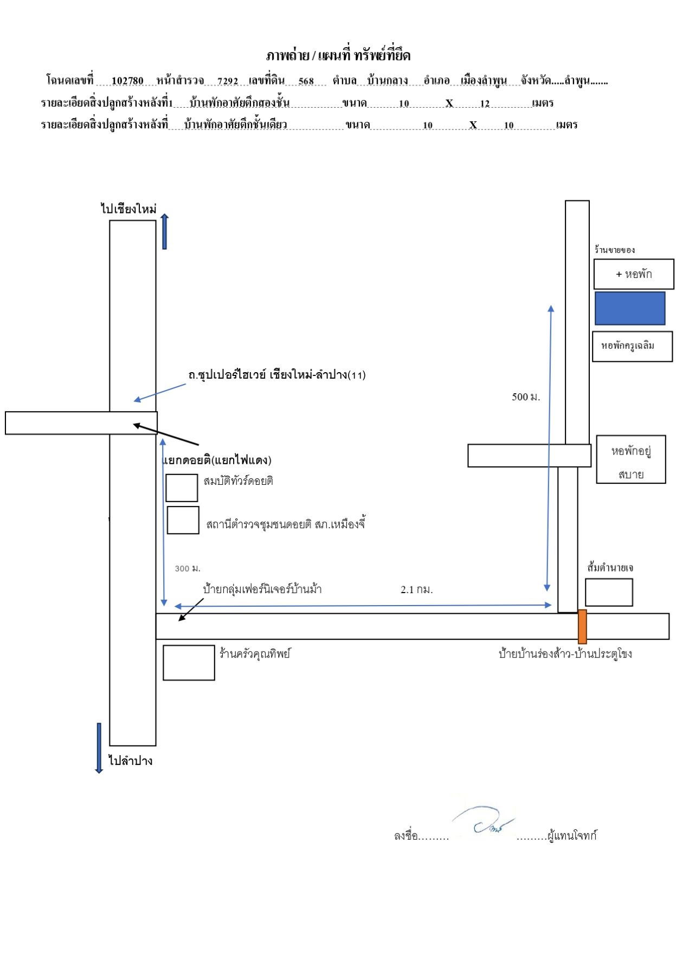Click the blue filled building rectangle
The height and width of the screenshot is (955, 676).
tap(630, 308)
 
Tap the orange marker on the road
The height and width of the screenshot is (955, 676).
tap(582, 626)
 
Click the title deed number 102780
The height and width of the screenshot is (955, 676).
tap(127, 81)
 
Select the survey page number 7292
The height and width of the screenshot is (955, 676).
tap(228, 81)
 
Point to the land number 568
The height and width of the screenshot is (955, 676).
tap(306, 81)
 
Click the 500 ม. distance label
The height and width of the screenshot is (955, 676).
tap(526, 397)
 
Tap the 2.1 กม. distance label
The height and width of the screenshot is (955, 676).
tap(416, 590)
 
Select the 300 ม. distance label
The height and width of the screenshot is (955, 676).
tap(188, 568)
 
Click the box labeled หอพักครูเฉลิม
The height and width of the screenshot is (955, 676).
tap(632, 346)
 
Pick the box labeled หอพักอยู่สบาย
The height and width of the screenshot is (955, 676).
tap(631, 459)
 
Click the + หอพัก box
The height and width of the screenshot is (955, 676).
tap(634, 274)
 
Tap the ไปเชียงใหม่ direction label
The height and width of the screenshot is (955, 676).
tap(128, 209)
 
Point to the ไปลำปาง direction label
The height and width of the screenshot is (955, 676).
tap(130, 761)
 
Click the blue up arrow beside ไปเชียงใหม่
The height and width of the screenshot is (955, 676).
tap(164, 231)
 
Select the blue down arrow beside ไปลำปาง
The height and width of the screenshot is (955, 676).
tap(99, 748)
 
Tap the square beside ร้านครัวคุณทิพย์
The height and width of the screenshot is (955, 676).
tap(189, 662)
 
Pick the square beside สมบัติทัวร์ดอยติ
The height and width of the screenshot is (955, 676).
tap(182, 488)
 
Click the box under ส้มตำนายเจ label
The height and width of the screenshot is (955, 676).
tap(609, 592)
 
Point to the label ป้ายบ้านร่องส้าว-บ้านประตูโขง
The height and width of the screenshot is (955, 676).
tap(565, 654)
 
